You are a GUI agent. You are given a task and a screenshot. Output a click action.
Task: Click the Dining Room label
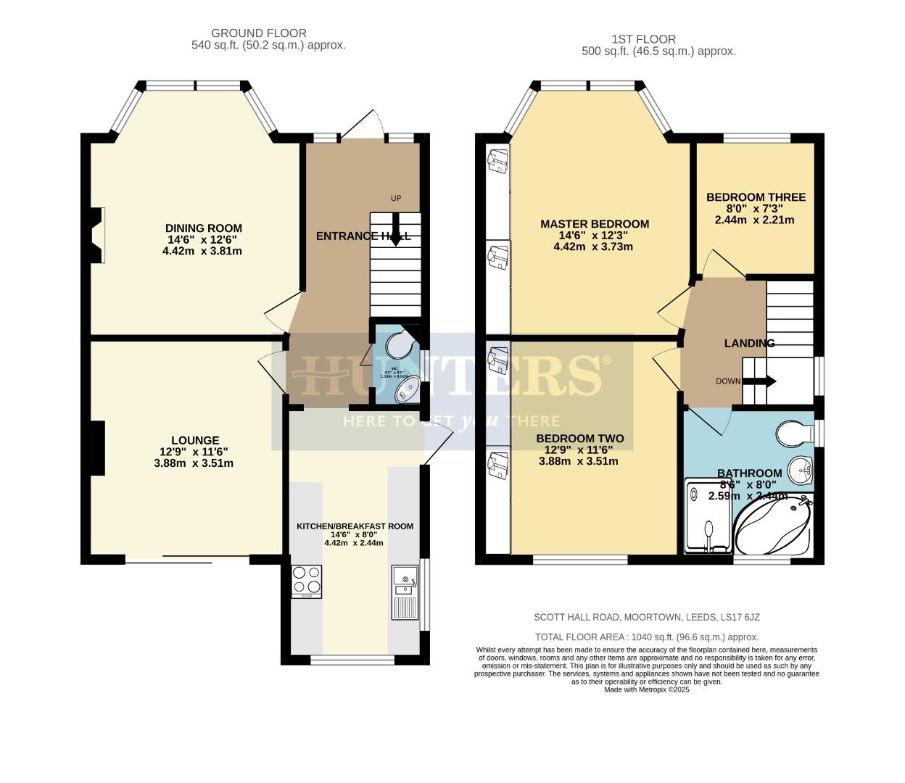203,228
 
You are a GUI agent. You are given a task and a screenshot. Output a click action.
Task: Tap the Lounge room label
195,440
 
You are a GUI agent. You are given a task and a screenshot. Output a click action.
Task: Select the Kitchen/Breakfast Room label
355,526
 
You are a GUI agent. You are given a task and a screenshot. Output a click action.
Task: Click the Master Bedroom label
594,224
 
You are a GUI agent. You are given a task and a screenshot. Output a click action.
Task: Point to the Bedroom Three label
755,197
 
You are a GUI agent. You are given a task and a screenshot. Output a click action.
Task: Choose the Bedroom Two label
579,439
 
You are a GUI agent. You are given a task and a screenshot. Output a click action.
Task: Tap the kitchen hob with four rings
307,580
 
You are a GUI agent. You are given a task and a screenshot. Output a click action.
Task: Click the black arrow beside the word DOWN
759,381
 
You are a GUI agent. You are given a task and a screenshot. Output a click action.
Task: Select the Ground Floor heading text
258,33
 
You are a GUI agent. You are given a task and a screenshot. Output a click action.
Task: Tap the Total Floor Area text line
646,637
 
